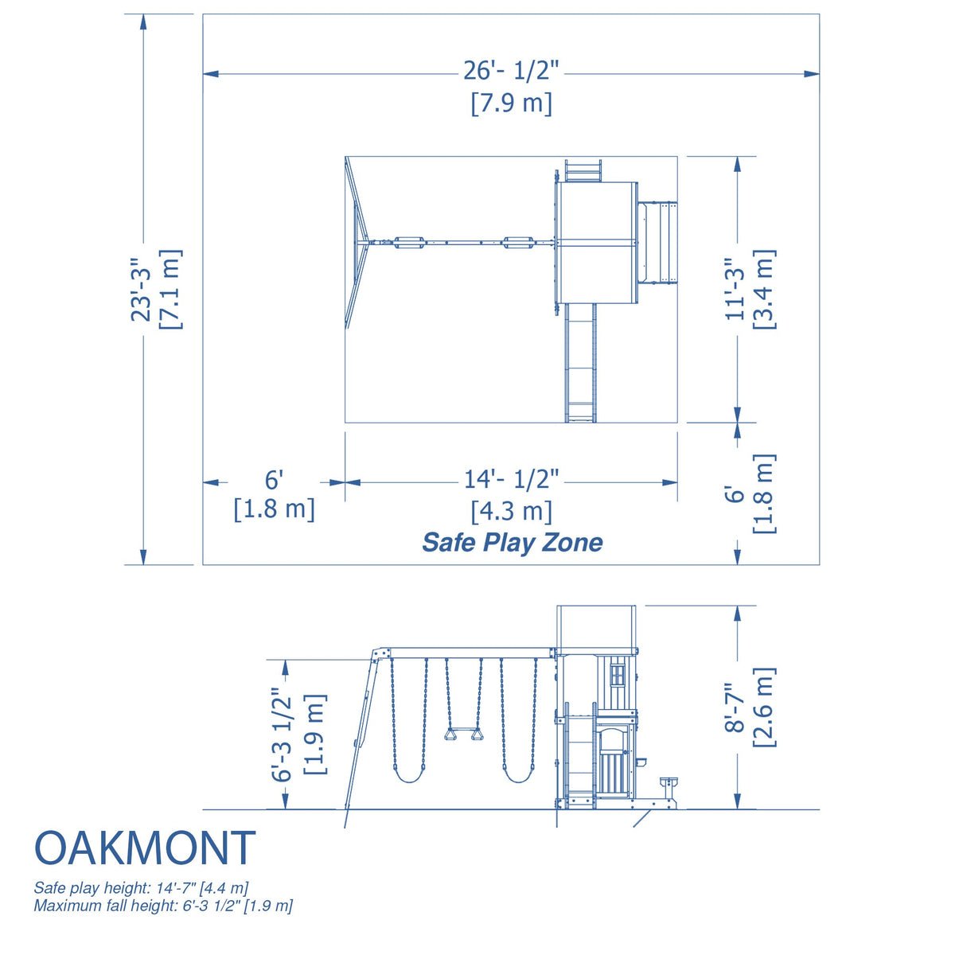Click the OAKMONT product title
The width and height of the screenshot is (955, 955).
145,848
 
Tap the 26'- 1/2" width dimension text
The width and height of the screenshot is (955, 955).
512,72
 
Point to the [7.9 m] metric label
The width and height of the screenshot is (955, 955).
511,103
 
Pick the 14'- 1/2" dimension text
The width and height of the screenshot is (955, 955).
512,479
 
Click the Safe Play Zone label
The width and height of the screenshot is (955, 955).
512,543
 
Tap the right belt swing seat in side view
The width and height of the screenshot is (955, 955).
518,776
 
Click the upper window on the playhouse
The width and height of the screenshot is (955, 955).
617,676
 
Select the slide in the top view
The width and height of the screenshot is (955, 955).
580,362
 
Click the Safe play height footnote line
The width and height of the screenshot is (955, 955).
141,887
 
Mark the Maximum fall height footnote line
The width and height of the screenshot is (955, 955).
163,906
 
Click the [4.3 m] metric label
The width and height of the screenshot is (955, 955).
511,510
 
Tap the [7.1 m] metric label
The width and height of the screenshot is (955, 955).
171,290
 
